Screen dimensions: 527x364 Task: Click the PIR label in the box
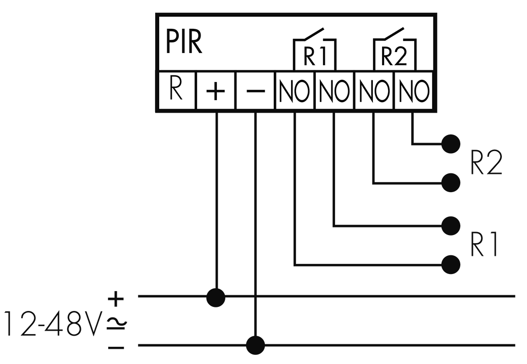pyautogui.click(x=184, y=43)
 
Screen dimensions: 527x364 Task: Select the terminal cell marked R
pyautogui.click(x=176, y=90)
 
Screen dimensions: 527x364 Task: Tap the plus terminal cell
pyautogui.click(x=215, y=90)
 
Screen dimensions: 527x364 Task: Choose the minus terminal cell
pyautogui.click(x=255, y=90)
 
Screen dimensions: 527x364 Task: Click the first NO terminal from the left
pyautogui.click(x=295, y=90)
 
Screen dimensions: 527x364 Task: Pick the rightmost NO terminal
pyautogui.click(x=414, y=90)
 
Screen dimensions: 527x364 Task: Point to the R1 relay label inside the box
pyautogui.click(x=315, y=56)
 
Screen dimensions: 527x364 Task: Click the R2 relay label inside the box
pyautogui.click(x=394, y=56)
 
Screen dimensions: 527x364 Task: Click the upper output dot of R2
pyautogui.click(x=451, y=144)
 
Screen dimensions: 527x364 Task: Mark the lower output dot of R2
pyautogui.click(x=451, y=183)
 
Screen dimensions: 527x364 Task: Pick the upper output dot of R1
pyautogui.click(x=451, y=226)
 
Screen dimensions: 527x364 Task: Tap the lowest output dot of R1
pyautogui.click(x=451, y=265)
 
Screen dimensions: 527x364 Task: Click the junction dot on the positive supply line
pyautogui.click(x=216, y=297)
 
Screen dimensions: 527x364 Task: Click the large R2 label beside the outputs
pyautogui.click(x=487, y=162)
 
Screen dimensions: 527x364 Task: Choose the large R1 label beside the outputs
pyautogui.click(x=484, y=244)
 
